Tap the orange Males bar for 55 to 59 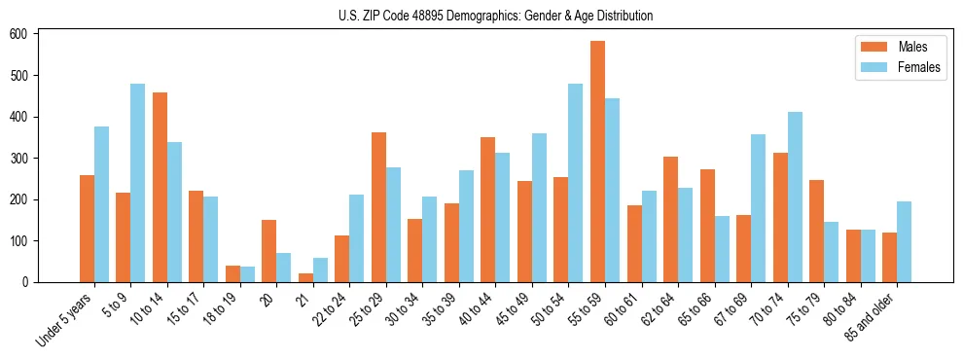tap(597, 162)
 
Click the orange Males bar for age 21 tap(305, 277)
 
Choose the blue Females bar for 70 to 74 tap(795, 198)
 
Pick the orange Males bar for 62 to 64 tap(670, 219)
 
